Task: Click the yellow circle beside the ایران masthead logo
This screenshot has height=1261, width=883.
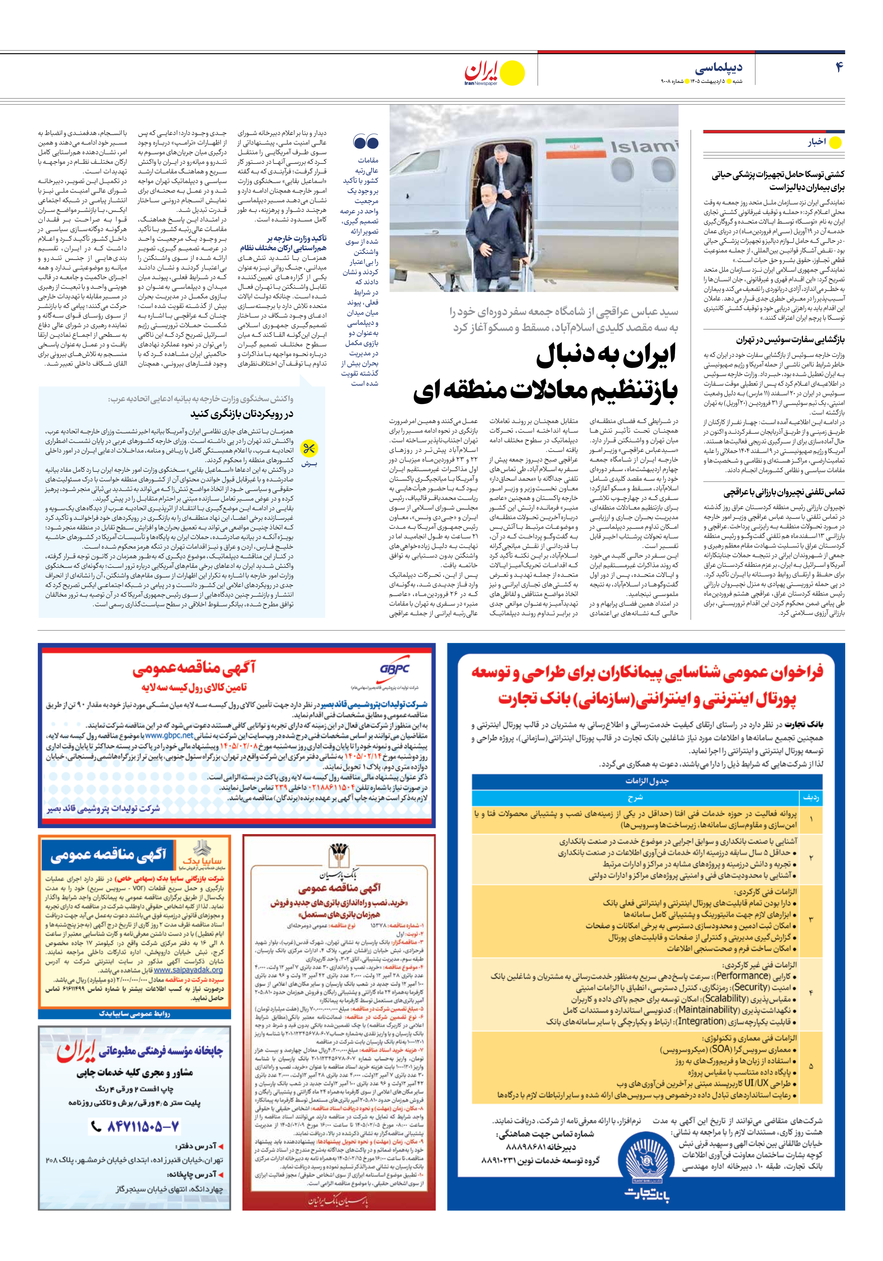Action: (514, 72)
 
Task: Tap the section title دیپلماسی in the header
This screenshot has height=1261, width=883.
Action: (718, 68)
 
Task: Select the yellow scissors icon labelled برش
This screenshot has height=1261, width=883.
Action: (309, 449)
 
